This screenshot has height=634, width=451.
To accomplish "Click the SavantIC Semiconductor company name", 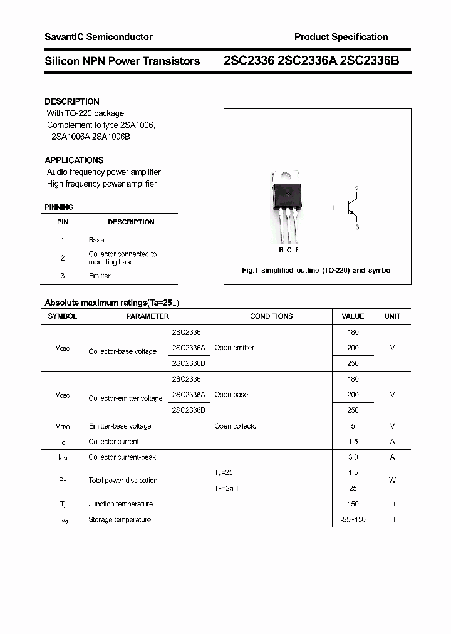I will tap(98, 37).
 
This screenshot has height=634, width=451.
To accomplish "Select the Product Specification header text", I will tap(341, 37).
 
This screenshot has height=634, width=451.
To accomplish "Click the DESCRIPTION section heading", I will tap(72, 101).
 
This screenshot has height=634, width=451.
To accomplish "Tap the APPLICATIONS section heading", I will tap(74, 160).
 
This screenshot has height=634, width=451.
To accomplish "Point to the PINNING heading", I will tap(59, 207).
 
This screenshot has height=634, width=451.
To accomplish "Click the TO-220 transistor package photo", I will tap(288, 207).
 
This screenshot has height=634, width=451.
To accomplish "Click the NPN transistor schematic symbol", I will tap(351, 208).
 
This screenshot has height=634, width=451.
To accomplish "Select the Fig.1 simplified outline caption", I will tap(317, 271).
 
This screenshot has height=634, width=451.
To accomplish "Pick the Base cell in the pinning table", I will tap(96, 240).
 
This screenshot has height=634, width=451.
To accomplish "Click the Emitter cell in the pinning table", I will tap(100, 276).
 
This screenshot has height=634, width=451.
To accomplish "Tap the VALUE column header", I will tap(353, 316).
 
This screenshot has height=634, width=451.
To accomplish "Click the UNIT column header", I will tap(392, 316).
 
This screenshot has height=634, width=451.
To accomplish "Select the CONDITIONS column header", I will tap(271, 316).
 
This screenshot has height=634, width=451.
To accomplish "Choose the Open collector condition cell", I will tap(236, 426).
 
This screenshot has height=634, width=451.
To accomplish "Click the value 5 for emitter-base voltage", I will tap(353, 426).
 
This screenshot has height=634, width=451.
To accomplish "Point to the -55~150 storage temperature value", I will tap(353, 520).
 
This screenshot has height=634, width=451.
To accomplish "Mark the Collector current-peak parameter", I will tap(122, 457).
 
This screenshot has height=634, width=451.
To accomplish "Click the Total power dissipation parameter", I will tap(123, 481).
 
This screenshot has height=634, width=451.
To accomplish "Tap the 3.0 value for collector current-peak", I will tap(353, 457).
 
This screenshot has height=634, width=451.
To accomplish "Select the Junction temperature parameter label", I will tap(120, 504).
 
